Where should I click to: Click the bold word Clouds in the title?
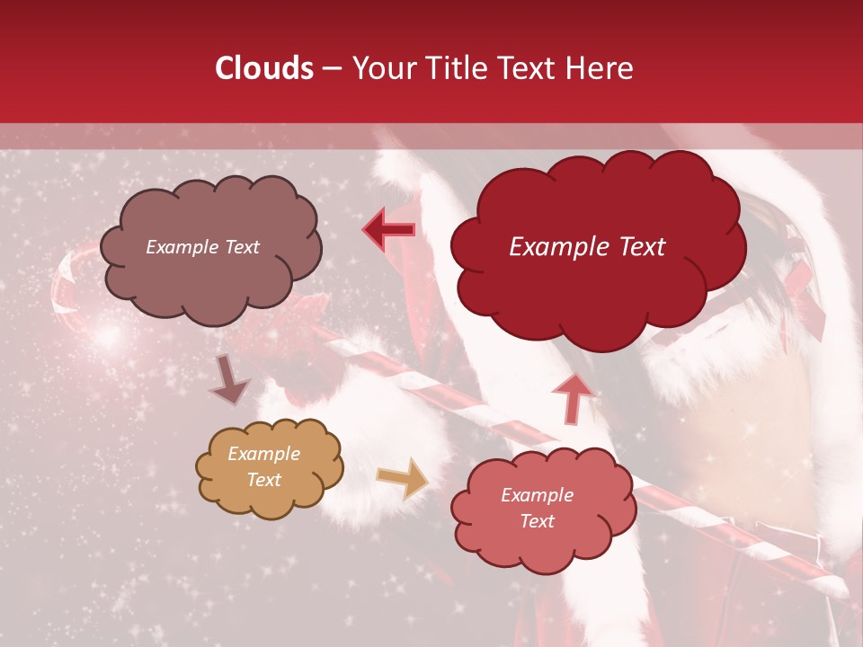264,68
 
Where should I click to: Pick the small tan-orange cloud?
268,499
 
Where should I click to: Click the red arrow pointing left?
390,230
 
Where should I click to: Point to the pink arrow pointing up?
574,398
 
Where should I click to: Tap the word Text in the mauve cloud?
240,247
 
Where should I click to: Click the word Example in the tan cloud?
263,454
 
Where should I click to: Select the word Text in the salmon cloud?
537,521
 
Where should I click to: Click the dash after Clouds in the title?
332,68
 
